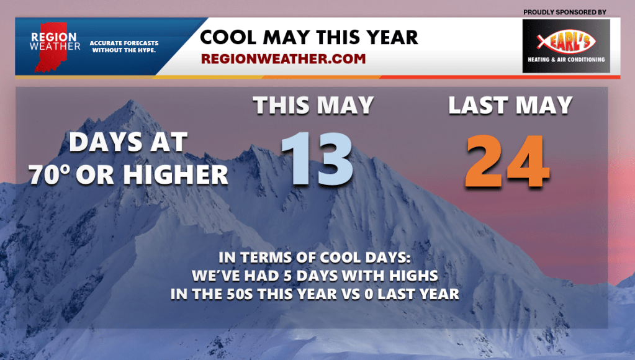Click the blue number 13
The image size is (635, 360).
(x=317, y=159)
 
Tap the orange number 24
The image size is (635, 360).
(x=507, y=161)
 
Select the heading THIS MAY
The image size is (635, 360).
(x=313, y=106)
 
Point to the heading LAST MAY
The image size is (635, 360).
(x=510, y=106)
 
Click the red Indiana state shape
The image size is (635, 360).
(x=50, y=47)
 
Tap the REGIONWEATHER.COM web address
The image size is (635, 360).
(x=283, y=59)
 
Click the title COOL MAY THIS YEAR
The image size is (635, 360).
(x=309, y=38)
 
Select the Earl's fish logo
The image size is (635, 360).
(x=566, y=41)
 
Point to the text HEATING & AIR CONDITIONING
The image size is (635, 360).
(x=566, y=60)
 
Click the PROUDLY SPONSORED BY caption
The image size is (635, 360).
(x=564, y=12)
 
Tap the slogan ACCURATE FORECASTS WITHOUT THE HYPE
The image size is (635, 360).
(x=124, y=47)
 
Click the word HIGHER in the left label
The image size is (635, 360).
(x=176, y=175)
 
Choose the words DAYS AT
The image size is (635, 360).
(x=128, y=143)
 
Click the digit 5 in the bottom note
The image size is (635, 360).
(x=287, y=276)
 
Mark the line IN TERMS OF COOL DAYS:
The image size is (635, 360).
(x=315, y=258)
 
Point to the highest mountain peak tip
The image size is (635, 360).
(x=130, y=101)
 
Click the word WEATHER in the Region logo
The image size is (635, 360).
(x=55, y=47)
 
